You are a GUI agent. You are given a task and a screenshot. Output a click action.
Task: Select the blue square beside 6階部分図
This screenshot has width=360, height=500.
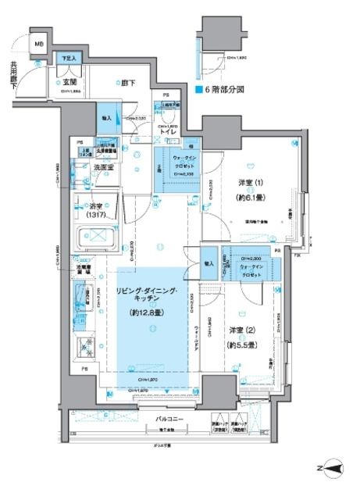[198, 90]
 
